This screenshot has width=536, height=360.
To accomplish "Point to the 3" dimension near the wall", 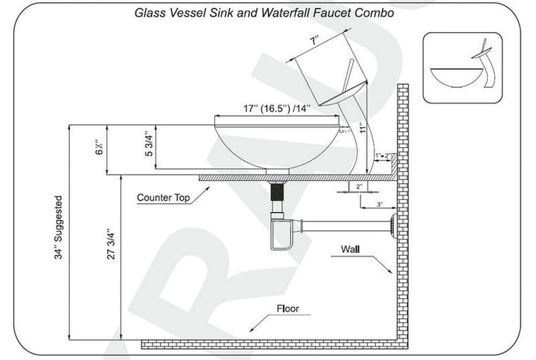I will [x=380, y=204].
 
